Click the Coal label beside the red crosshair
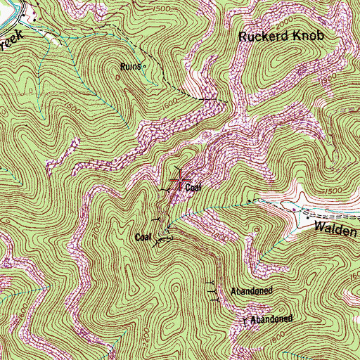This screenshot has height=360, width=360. point(195,187)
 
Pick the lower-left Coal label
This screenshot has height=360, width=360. point(143,238)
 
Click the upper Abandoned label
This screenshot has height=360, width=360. point(251,290)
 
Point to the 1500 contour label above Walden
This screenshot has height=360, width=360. point(336,191)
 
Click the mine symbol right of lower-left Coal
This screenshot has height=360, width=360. point(163,239)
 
